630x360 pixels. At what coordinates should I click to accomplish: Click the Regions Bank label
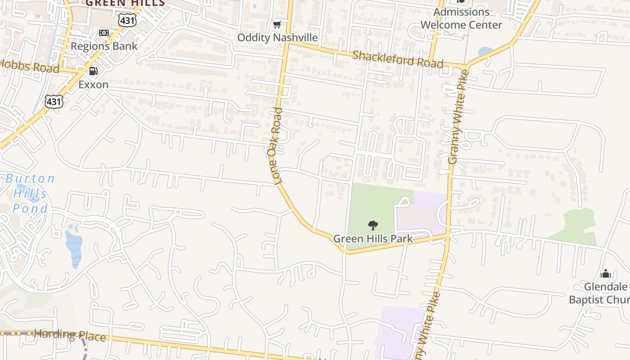104,46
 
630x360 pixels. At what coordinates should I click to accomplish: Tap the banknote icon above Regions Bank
104,33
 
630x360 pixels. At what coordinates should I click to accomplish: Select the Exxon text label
94,85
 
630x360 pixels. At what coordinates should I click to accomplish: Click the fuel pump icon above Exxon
94,71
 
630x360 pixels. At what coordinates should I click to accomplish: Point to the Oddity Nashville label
277,37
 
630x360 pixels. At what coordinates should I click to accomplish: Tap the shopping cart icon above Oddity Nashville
277,24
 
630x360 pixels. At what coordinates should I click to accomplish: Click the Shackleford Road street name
397,59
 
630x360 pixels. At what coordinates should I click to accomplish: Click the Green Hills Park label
373,238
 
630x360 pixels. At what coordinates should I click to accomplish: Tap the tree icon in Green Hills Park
373,225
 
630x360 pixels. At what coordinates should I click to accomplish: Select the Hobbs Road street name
30,66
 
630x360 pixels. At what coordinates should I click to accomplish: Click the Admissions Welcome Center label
461,18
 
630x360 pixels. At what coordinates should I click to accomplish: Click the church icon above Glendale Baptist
606,274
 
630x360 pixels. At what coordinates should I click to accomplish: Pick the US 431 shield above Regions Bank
127,20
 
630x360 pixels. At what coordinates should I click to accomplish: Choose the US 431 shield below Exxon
54,102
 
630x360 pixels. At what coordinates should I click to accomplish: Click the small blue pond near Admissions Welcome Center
486,51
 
